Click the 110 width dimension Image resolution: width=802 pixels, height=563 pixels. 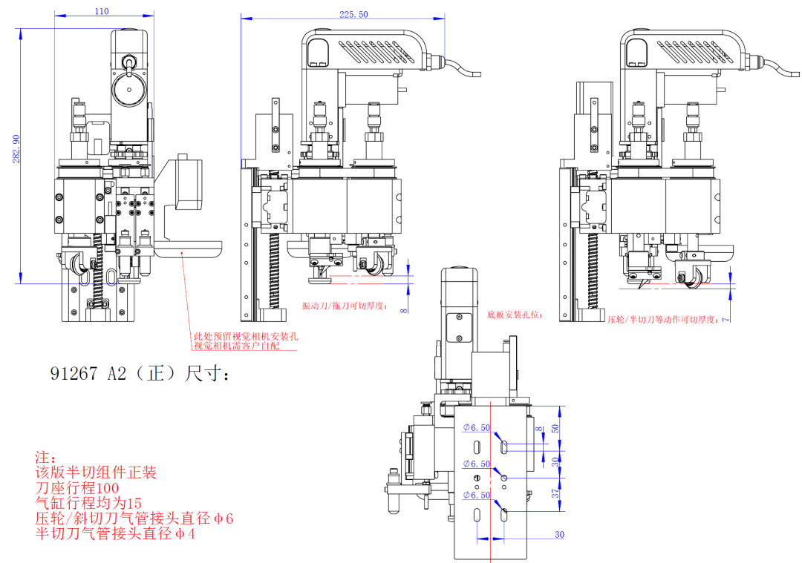(x=102, y=11)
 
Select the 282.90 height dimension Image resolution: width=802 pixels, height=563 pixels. (x=16, y=149)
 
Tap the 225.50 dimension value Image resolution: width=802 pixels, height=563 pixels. (x=353, y=15)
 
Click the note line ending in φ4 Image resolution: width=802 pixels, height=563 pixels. (x=115, y=534)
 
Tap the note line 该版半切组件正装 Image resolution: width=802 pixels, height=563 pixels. (x=97, y=472)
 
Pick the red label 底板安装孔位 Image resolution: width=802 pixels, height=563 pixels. (x=515, y=315)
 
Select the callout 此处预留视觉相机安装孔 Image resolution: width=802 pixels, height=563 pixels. (x=245, y=336)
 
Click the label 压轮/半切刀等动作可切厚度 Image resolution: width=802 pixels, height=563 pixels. (x=662, y=320)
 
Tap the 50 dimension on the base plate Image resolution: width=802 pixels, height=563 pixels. (x=558, y=428)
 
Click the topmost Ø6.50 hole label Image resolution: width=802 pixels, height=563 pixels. (x=476, y=428)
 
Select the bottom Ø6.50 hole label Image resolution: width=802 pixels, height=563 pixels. (x=476, y=495)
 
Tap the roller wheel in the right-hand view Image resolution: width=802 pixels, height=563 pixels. (x=697, y=276)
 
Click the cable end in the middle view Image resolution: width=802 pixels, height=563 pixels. (x=475, y=74)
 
